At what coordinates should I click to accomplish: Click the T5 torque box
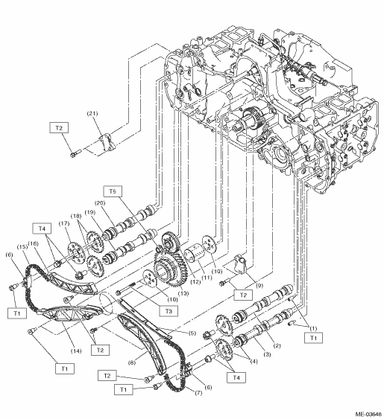(113, 191)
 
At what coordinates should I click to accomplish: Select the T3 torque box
(169, 311)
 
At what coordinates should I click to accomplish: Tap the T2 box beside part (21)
(59, 128)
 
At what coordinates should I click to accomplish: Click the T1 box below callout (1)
(313, 338)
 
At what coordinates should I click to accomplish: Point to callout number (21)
(92, 113)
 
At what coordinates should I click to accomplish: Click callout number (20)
(100, 203)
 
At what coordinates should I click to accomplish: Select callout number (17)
(64, 223)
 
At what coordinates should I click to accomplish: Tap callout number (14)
(76, 351)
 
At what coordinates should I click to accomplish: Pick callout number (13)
(183, 293)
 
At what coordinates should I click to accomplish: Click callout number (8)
(132, 363)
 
